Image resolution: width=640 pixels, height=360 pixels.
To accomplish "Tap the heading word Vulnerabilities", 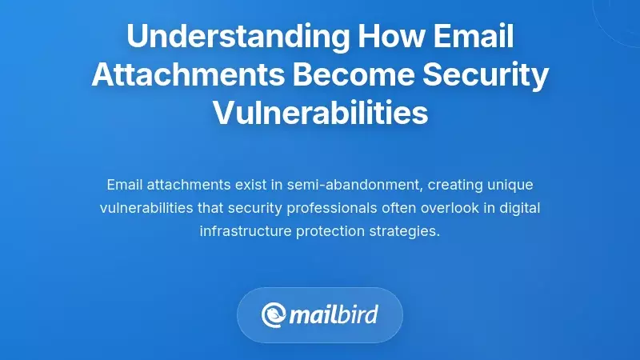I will [x=320, y=114].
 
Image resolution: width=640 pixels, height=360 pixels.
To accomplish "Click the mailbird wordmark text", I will [x=334, y=314].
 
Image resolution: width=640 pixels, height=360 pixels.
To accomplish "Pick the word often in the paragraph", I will [x=415, y=209].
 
